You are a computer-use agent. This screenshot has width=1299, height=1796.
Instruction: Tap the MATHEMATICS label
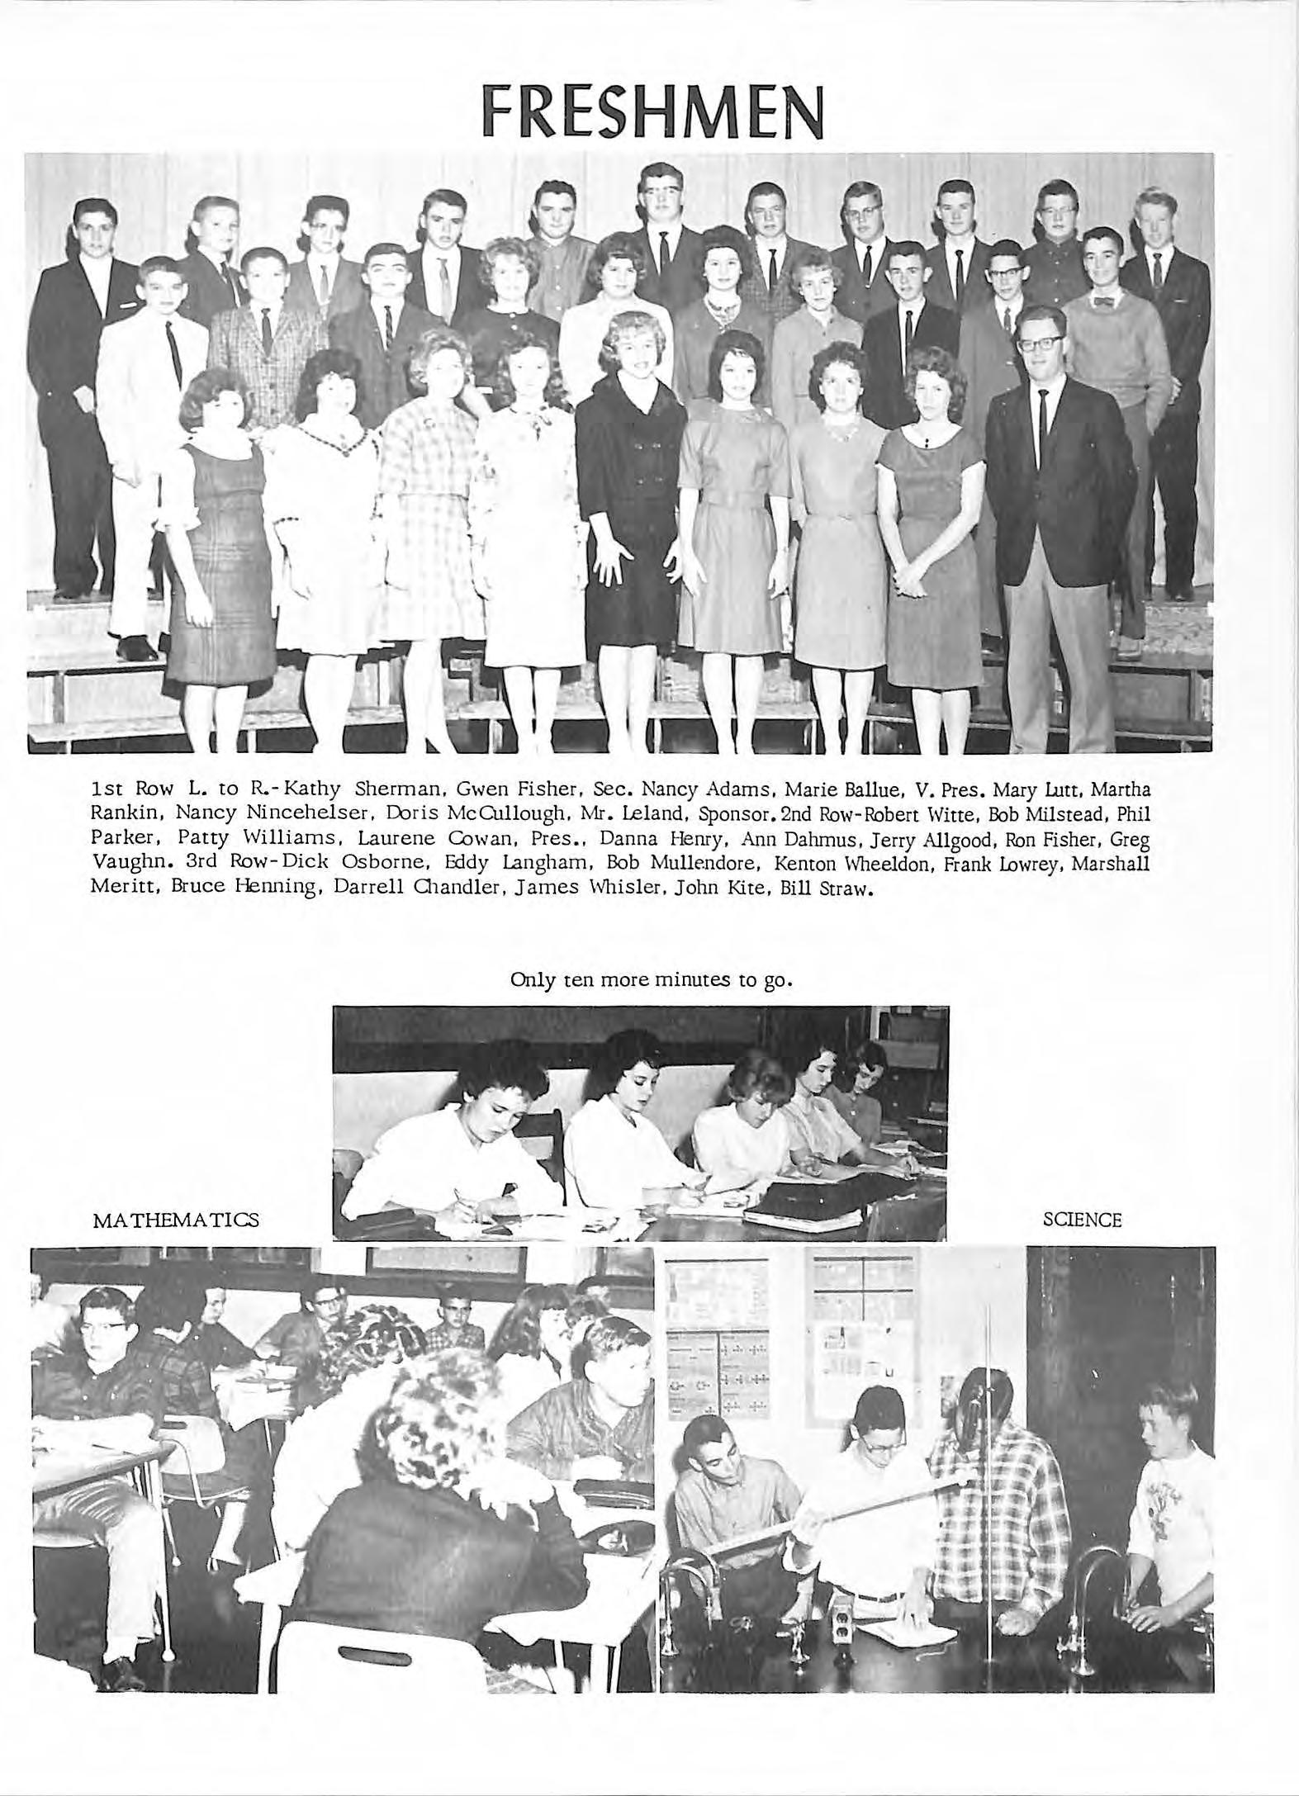point(177,1219)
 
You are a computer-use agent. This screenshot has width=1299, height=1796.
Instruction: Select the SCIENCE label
point(1082,1220)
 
